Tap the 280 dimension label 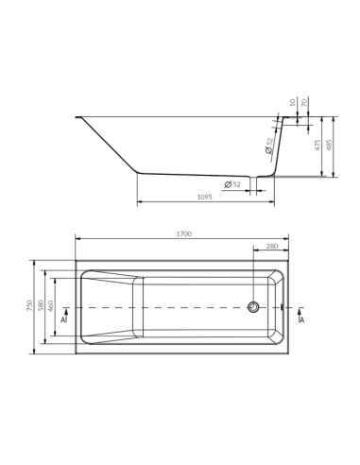(272, 247)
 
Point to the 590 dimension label (43, 307)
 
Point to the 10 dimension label (293, 101)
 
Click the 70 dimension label (303, 101)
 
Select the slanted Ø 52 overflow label (270, 146)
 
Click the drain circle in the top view (252, 307)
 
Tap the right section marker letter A (300, 320)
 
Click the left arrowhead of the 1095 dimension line (140, 202)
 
